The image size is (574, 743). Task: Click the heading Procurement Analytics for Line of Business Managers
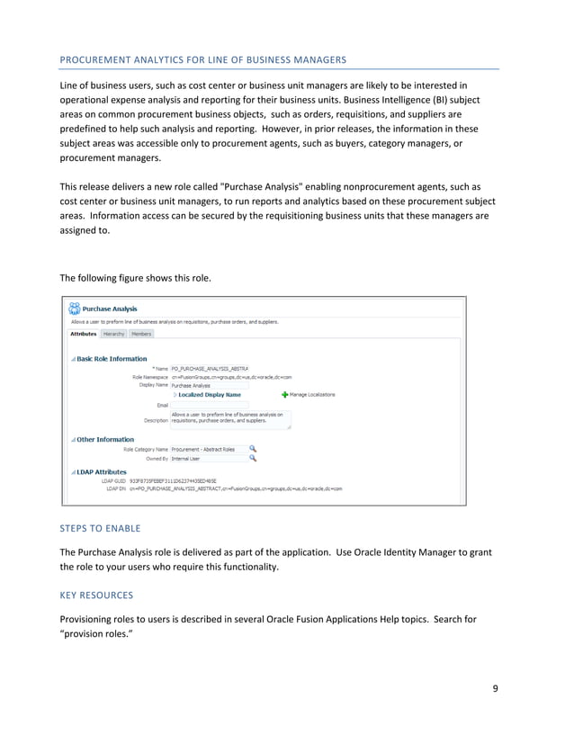pos(202,59)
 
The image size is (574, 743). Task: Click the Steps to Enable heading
pos(100,529)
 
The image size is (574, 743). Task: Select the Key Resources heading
pos(96,595)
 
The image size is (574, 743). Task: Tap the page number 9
pos(495,690)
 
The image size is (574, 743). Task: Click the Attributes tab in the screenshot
pos(84,334)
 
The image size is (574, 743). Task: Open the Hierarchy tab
pos(114,334)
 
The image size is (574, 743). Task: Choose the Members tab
pos(141,334)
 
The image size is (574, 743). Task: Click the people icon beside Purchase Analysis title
pos(74,308)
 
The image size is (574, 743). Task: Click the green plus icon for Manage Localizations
pos(285,394)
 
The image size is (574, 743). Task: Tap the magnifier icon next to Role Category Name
pos(253,448)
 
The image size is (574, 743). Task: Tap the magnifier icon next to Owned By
pos(253,458)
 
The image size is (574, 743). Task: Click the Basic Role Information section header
pos(112,358)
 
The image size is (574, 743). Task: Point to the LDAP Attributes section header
pos(102,470)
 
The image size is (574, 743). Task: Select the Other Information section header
pos(105,439)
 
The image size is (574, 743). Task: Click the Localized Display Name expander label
pos(209,394)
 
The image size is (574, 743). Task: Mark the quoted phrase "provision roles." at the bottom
pos(101,634)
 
